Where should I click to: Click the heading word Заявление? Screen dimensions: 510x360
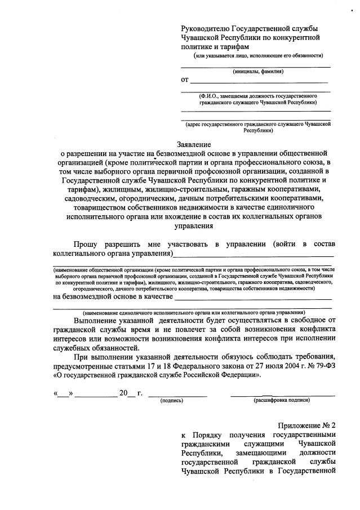click(194, 144)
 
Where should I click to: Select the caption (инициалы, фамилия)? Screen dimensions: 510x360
click(258, 72)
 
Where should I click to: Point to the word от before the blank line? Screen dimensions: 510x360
click(184, 79)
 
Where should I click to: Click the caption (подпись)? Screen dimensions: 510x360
click(171, 401)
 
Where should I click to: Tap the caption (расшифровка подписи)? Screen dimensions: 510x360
click(282, 401)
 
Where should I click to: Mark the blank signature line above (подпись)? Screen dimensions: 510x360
click(176, 395)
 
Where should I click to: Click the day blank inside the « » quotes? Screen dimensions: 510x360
click(63, 393)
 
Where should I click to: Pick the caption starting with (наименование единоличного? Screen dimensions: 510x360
click(194, 312)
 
